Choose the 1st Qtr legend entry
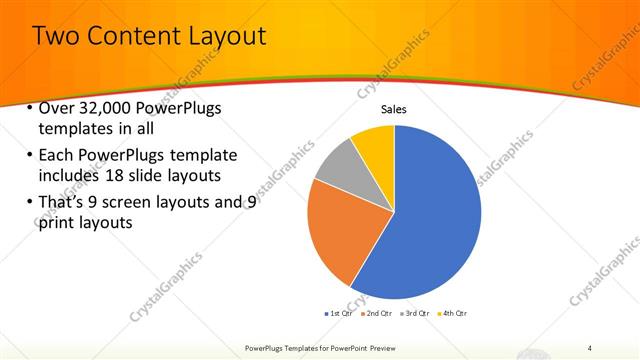coord(339,313)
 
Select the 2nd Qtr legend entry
coord(377,313)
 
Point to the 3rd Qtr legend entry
coord(415,313)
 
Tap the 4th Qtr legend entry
coord(452,313)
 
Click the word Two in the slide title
coord(57,37)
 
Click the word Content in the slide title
coord(133,37)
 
